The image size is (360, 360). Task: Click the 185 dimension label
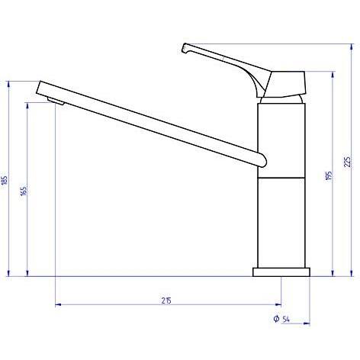tap(5, 180)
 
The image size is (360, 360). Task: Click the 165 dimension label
tap(24, 191)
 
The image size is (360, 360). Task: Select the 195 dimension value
tap(329, 175)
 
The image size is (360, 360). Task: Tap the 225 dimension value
tap(347, 162)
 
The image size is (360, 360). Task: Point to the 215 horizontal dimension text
tap(166, 301)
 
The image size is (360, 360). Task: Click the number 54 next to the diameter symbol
tap(286, 319)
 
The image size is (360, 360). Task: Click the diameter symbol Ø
tap(276, 319)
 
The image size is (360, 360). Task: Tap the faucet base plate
tap(281, 272)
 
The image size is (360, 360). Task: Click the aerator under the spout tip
tap(56, 101)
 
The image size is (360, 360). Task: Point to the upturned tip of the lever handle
tap(185, 48)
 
